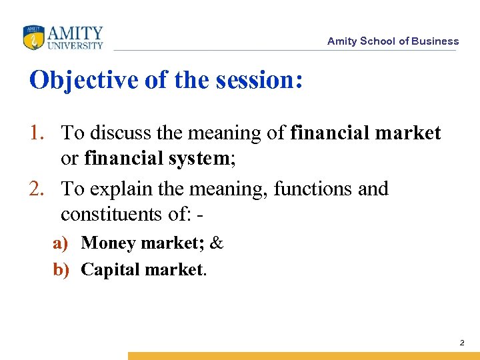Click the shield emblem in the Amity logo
coord(33,38)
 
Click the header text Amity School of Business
coord(393,41)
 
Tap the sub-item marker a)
coord(61,243)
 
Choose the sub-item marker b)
coord(61,269)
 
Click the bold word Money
coord(107,243)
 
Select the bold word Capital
coord(109,269)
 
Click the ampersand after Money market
coord(216,243)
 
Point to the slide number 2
coord(461,343)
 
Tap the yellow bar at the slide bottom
coord(303,356)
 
